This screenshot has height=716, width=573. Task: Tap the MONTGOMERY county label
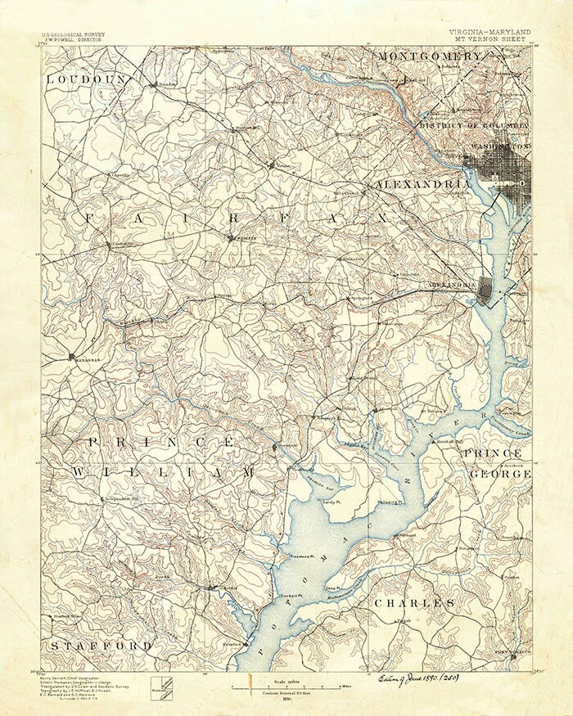pyautogui.click(x=430, y=56)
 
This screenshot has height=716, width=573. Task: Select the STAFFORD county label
pyautogui.click(x=101, y=646)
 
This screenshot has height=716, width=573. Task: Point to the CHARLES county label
pyautogui.click(x=414, y=603)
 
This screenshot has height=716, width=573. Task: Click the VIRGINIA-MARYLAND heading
pyautogui.click(x=490, y=31)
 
